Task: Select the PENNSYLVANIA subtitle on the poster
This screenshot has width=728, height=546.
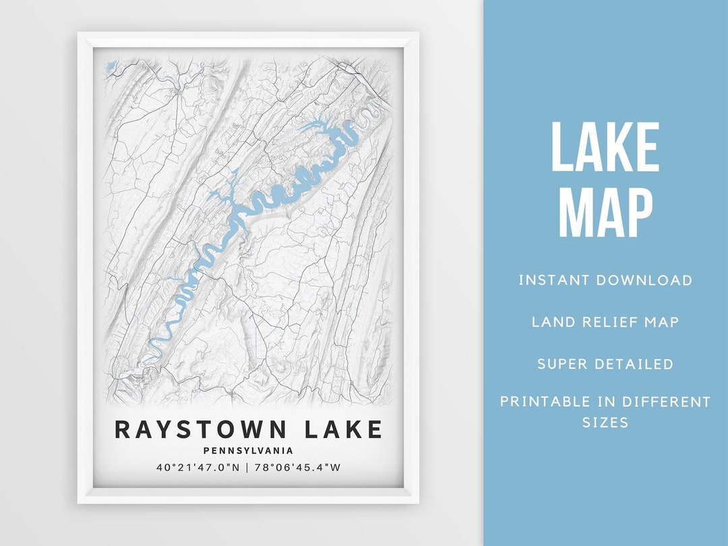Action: click(x=249, y=451)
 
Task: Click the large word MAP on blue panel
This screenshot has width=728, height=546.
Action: click(x=605, y=212)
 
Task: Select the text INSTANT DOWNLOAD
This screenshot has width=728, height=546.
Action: click(x=605, y=280)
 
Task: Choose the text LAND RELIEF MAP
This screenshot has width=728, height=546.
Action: click(x=605, y=322)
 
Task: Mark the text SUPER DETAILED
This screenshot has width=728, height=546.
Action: click(x=605, y=364)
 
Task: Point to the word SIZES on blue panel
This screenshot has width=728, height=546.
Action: click(x=605, y=423)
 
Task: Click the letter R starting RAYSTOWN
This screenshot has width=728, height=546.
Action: click(x=123, y=429)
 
